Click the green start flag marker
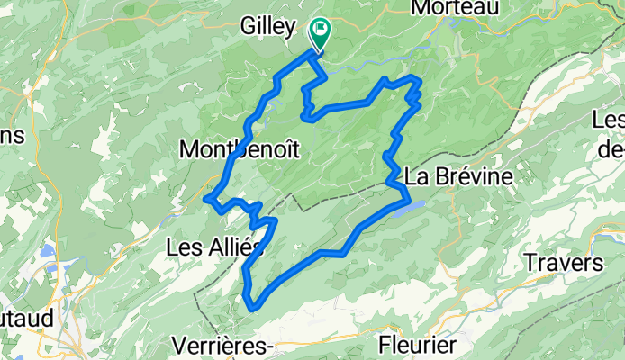click(320, 32)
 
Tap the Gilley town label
click(268, 28)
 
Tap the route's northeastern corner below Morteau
click(418, 81)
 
